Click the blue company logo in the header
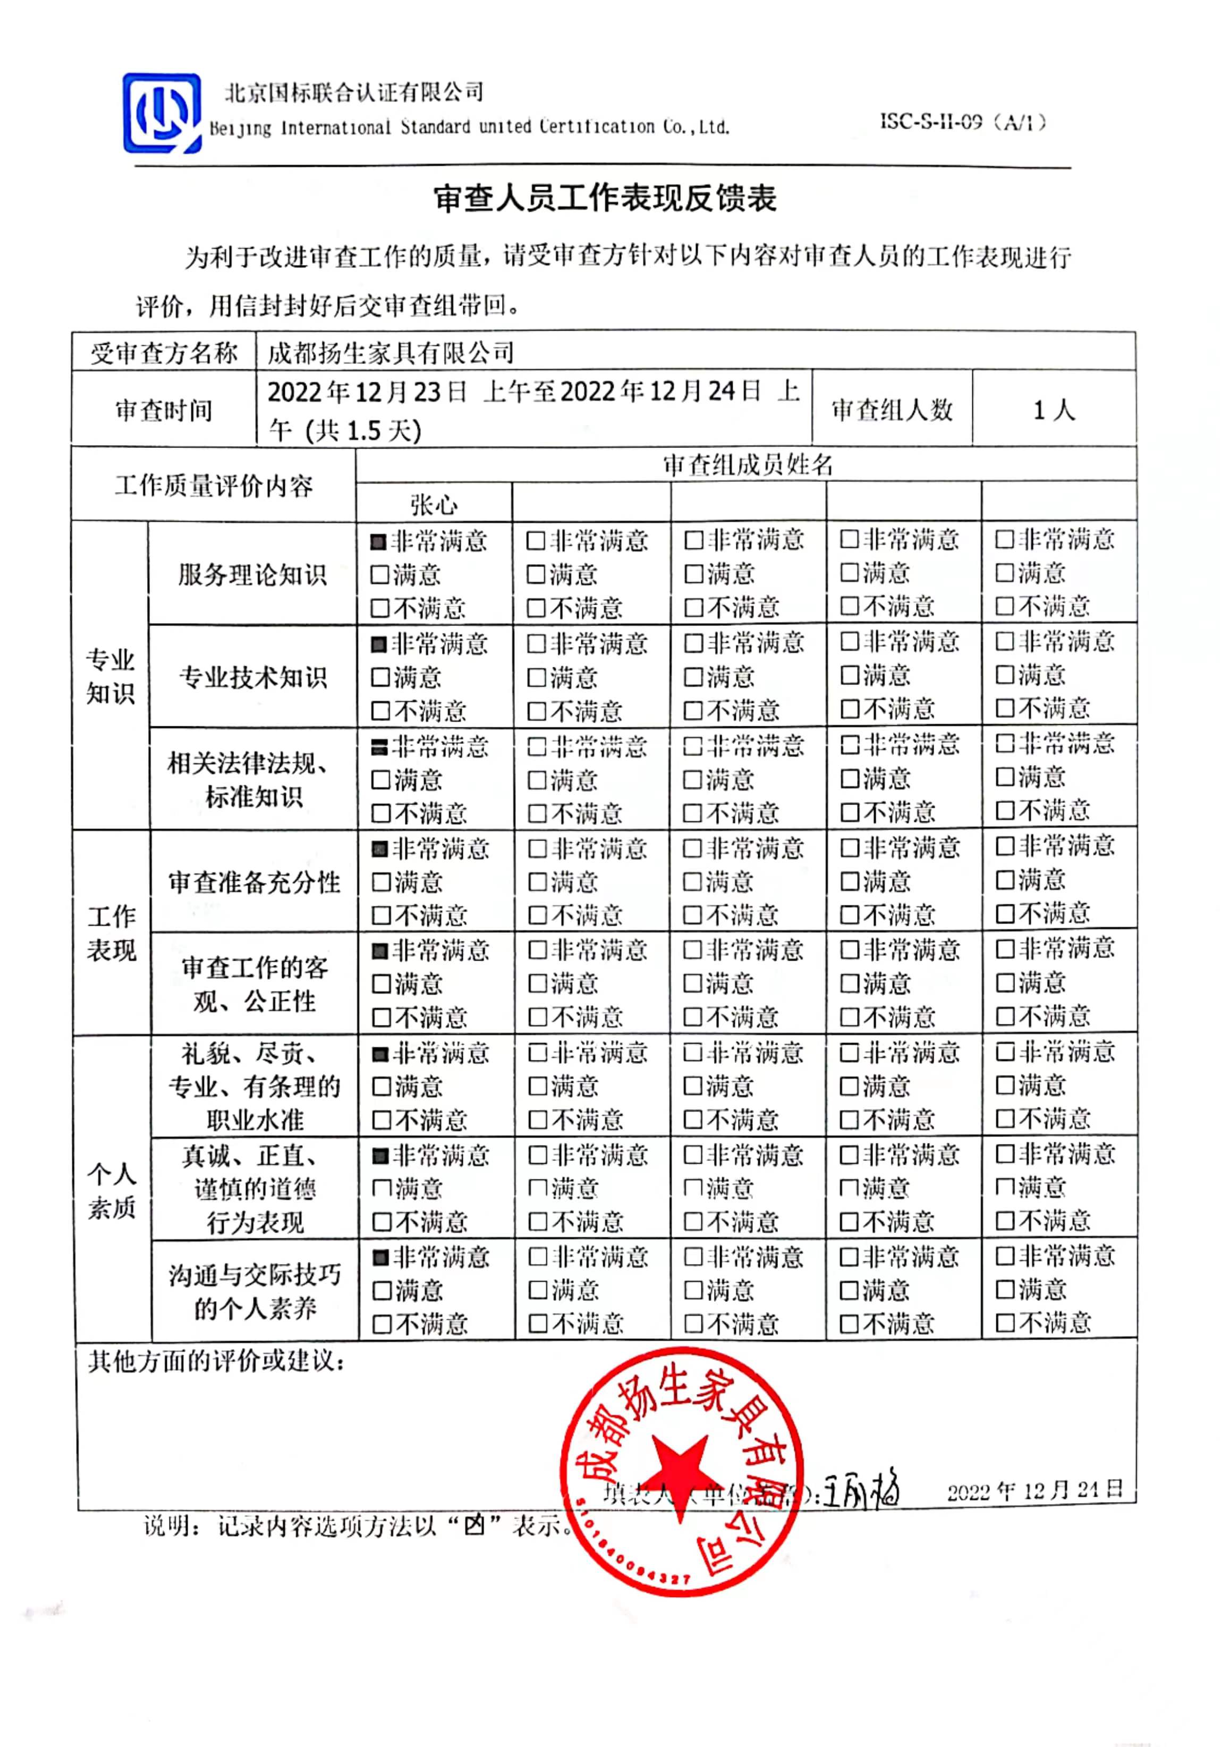coord(162,113)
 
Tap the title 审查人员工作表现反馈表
coord(605,199)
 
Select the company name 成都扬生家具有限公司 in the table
coord(391,352)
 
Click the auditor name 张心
coord(434,504)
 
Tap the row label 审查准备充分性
coord(254,883)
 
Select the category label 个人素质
coord(111,1191)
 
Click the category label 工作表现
coord(111,934)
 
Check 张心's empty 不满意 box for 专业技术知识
coord(380,711)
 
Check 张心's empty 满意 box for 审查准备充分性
coord(380,883)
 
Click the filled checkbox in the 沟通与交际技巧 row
coord(380,1258)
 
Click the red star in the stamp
coord(679,1468)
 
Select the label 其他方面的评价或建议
coord(217,1361)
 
